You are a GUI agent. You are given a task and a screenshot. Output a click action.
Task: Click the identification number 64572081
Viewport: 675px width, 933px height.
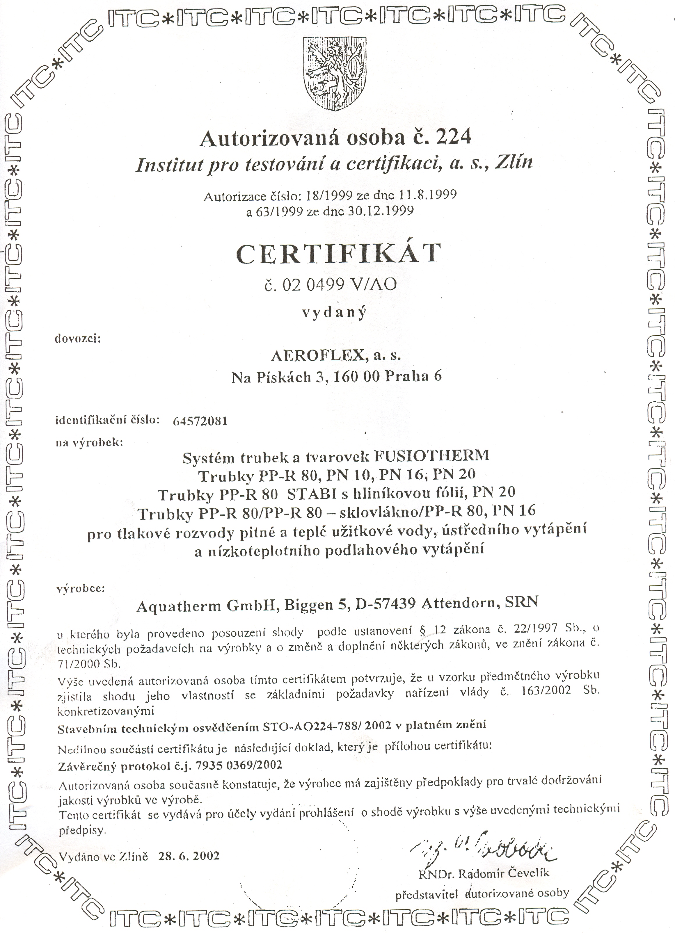(200, 421)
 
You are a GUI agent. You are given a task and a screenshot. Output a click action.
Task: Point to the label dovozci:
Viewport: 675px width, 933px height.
(78, 339)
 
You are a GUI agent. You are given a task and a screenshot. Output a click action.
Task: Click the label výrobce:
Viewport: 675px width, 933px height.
(81, 588)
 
